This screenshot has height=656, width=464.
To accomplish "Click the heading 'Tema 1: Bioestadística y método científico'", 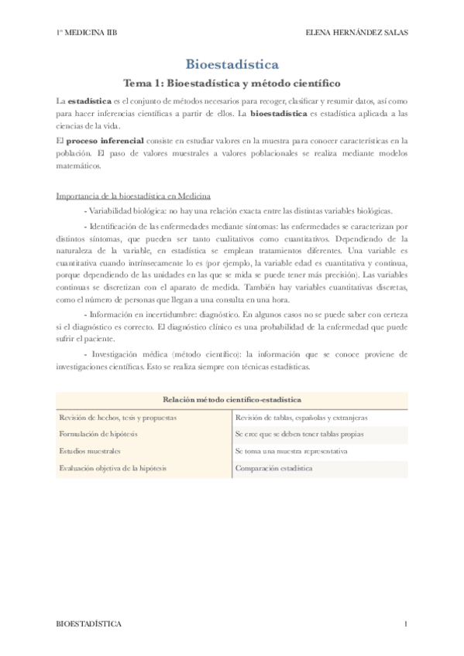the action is (x=232, y=83).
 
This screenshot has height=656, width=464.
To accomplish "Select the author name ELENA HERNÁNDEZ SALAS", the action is (x=357, y=32).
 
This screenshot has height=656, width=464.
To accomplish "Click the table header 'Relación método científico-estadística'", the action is (x=232, y=400).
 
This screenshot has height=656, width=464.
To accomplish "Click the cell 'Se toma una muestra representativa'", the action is (x=291, y=451).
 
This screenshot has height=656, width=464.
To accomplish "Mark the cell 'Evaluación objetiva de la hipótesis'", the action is (x=113, y=468).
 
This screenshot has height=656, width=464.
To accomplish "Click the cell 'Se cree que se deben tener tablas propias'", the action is (x=300, y=434).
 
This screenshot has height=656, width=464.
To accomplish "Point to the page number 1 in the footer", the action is (x=404, y=624).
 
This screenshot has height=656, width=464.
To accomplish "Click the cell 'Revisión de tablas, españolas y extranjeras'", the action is (x=301, y=418).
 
